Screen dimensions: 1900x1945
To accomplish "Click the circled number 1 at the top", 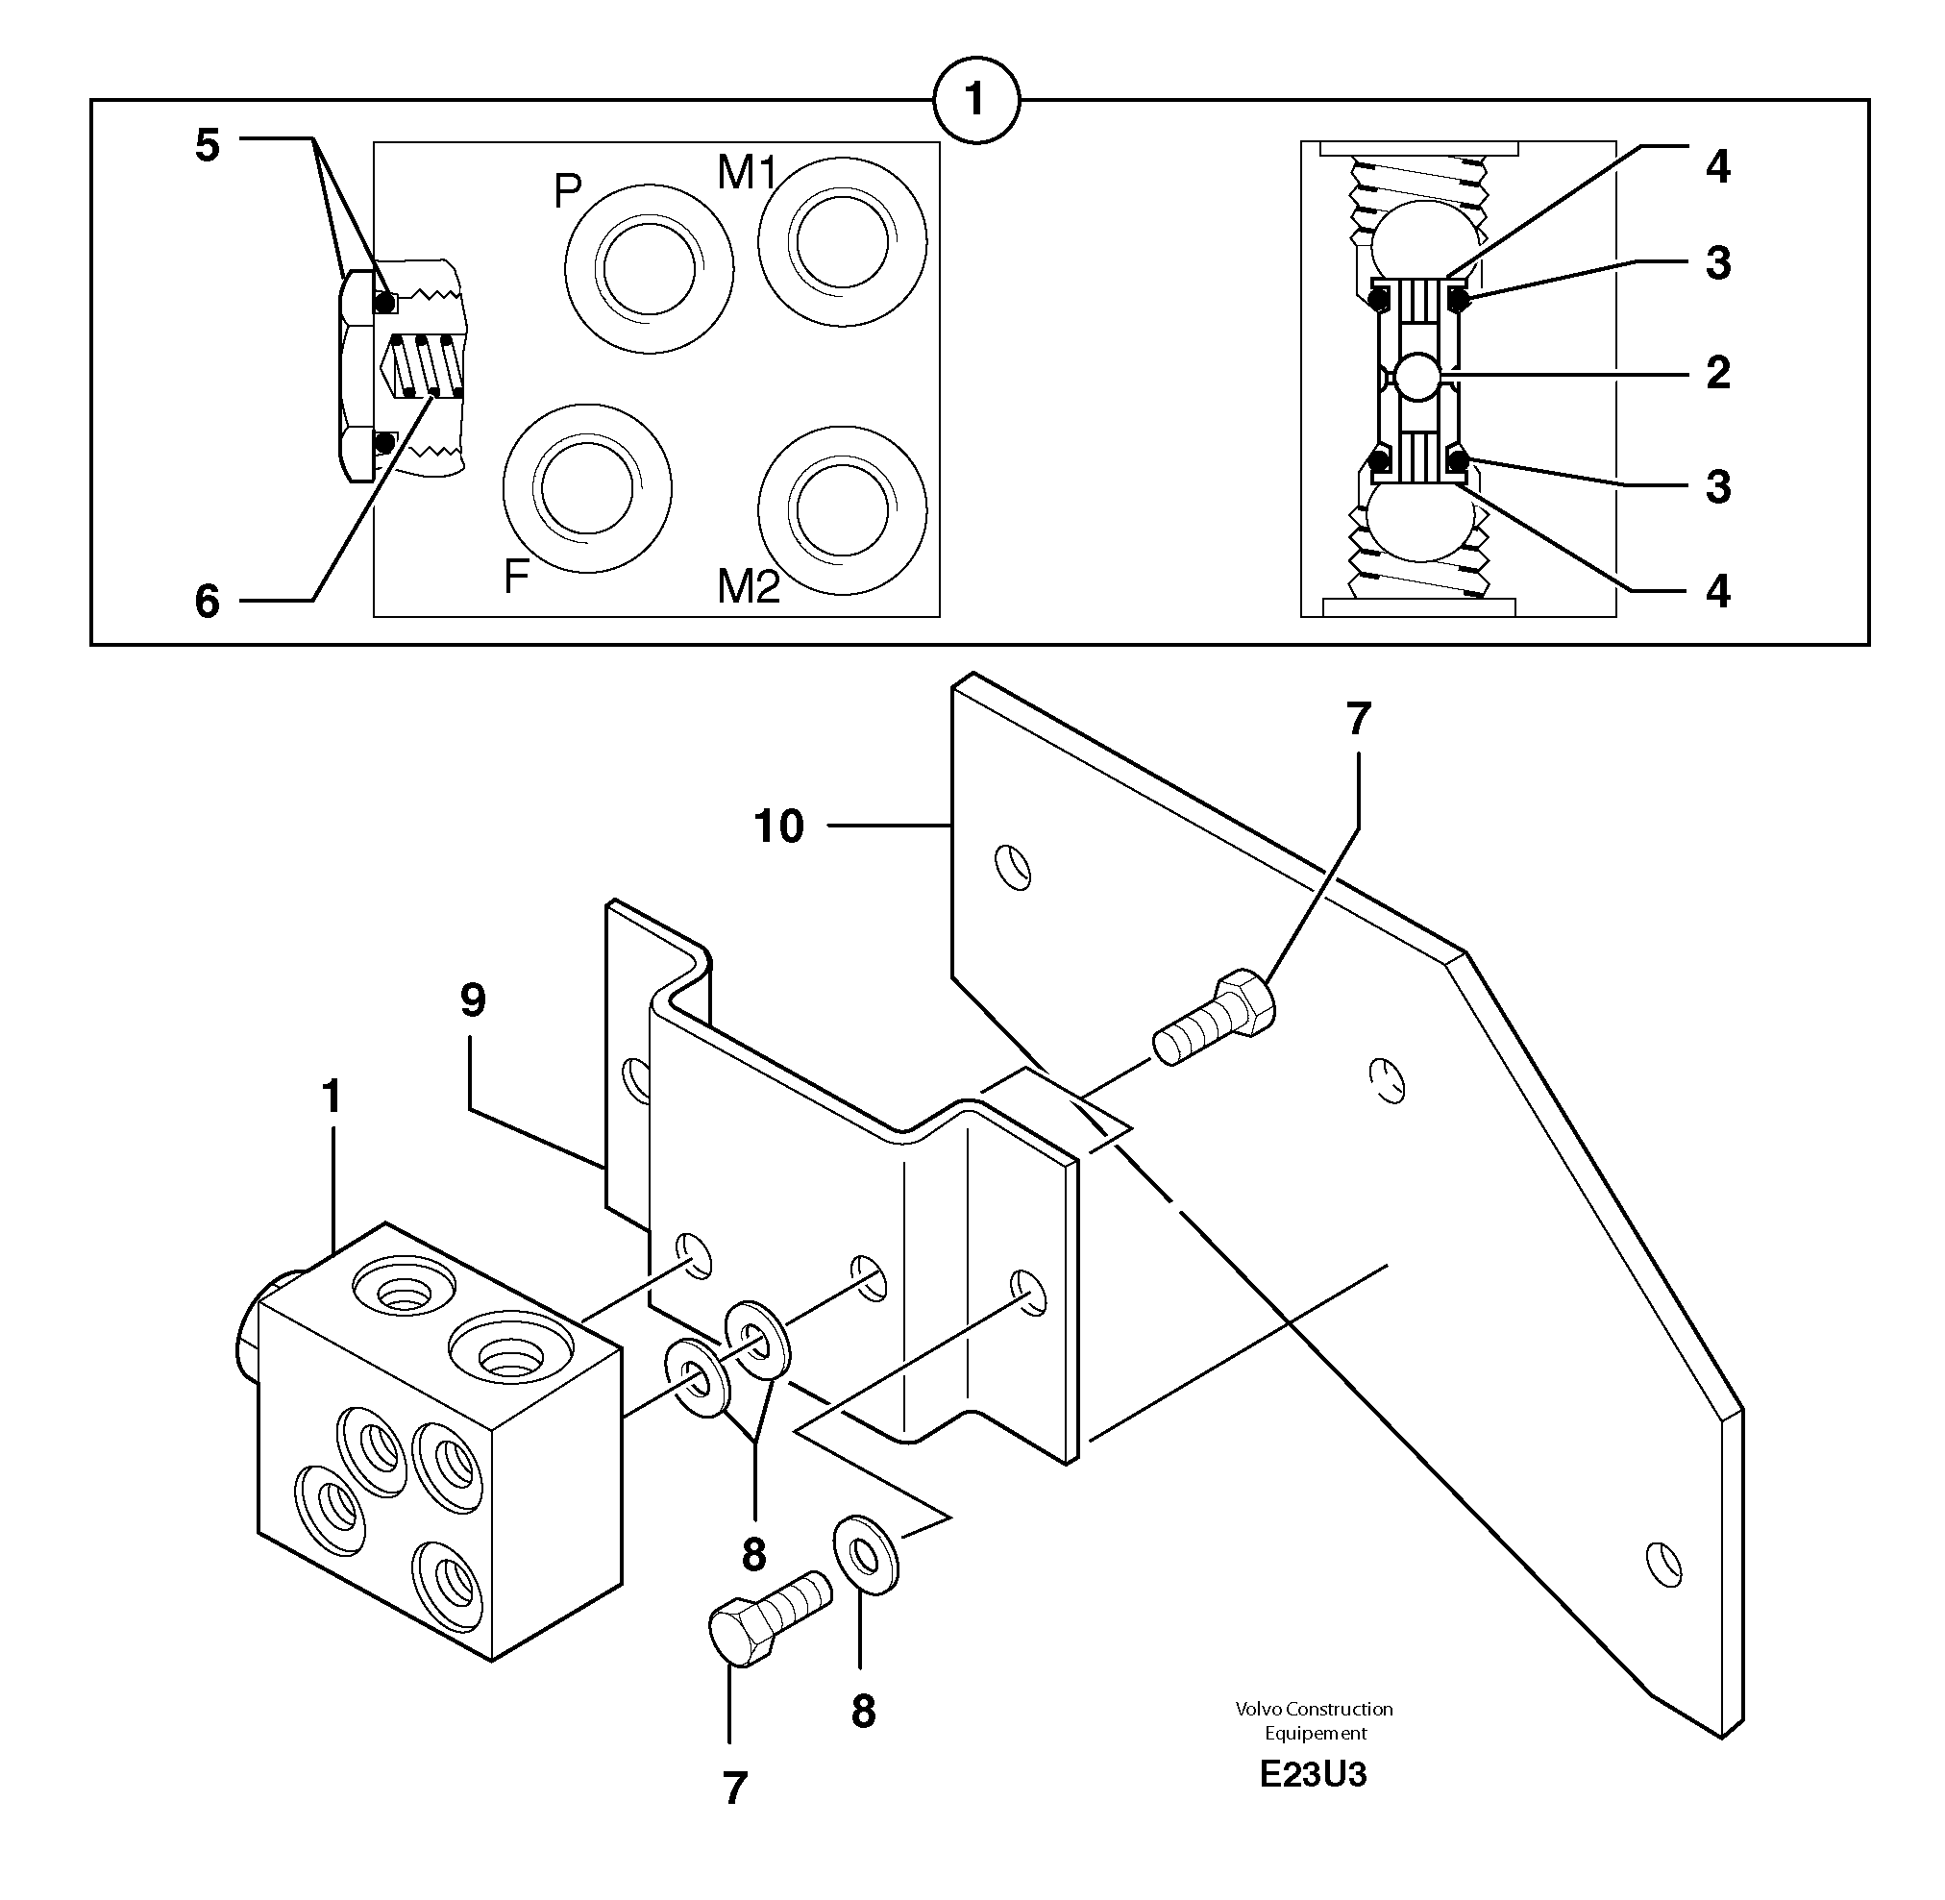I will [975, 100].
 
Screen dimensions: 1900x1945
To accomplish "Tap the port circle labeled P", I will [649, 268].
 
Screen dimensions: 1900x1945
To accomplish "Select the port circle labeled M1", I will [842, 241].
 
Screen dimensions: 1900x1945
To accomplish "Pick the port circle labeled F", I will [587, 488].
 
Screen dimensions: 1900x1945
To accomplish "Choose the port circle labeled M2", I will [842, 510].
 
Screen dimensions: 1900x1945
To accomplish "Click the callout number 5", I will [207, 146].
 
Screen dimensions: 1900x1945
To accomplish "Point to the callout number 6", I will [207, 602].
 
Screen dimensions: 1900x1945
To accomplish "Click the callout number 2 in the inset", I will [1717, 373].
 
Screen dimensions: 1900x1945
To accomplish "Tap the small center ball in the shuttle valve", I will [1417, 377].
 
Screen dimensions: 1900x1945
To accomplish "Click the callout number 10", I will [778, 827].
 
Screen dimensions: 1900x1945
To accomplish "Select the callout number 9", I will [473, 999].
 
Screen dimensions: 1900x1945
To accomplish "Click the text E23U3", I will [1313, 1774].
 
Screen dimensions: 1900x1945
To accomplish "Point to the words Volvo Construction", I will [1314, 1709].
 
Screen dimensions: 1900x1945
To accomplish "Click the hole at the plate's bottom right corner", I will [1663, 1564].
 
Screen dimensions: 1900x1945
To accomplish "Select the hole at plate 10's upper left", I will [1013, 866].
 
